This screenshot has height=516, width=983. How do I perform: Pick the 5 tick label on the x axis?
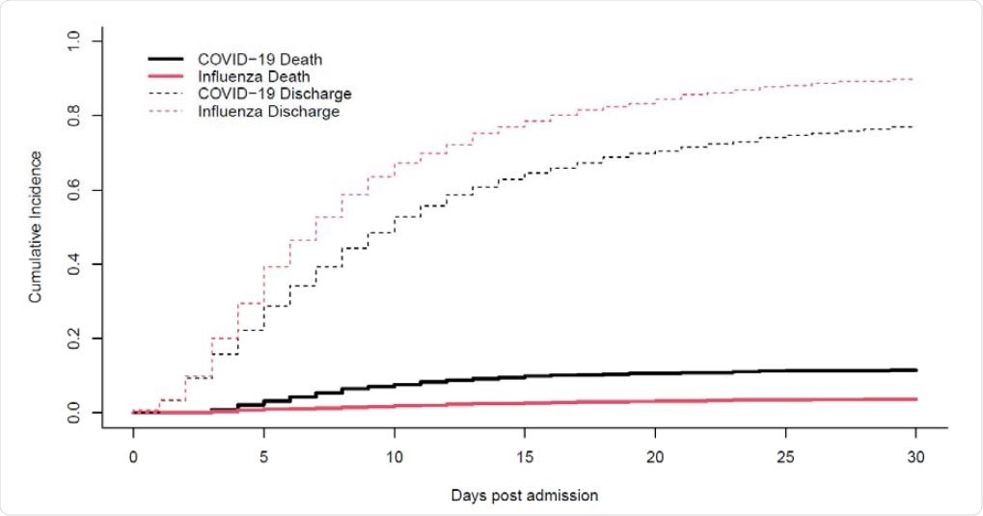(263, 454)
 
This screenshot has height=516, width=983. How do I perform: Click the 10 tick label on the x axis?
(394, 454)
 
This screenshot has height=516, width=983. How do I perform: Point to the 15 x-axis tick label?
(524, 454)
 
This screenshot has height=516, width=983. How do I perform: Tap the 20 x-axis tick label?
(655, 454)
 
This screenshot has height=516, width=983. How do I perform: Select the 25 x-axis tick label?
(785, 454)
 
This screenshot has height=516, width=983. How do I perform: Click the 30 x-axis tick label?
(915, 454)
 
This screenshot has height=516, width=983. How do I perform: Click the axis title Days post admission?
(525, 496)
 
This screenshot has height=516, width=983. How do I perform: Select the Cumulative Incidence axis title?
(35, 228)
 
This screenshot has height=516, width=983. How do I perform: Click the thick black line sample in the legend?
(169, 58)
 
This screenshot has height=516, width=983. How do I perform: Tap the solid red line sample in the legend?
(169, 75)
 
